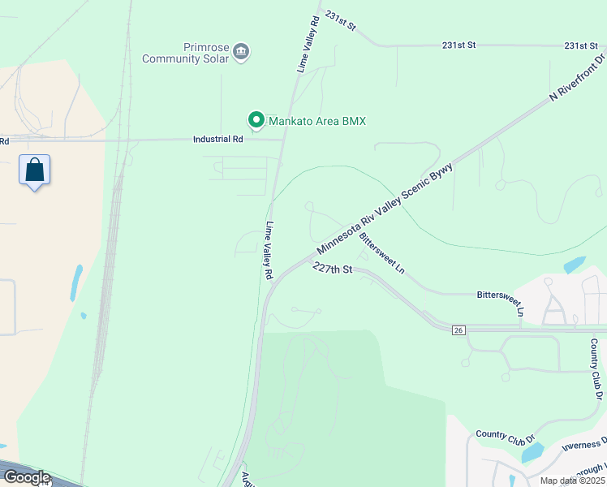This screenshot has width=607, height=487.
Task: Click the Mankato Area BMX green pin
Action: click(256, 121)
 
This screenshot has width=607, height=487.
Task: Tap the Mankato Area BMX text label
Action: click(318, 122)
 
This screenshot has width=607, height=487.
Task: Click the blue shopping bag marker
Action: click(34, 170)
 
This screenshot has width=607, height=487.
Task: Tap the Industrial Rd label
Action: click(218, 140)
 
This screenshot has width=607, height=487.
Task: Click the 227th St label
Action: click(333, 269)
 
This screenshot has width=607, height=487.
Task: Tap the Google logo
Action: click(26, 476)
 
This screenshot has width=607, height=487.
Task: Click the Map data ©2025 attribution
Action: click(571, 481)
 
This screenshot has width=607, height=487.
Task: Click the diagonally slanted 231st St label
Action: click(340, 21)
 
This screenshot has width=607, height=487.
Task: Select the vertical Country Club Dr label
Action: click(596, 369)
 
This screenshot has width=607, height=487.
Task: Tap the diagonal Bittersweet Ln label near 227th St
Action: click(382, 254)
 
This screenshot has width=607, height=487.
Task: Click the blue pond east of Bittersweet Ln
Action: click(574, 265)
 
